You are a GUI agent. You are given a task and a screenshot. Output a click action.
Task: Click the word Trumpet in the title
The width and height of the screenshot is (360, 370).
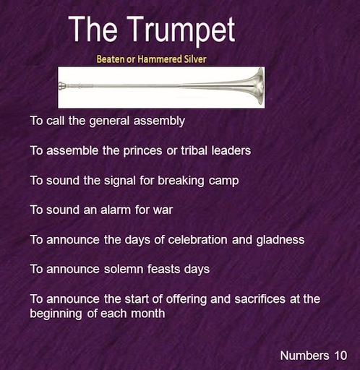click(x=181, y=30)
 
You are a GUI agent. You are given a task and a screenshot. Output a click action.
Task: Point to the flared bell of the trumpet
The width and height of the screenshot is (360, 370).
click(x=257, y=86)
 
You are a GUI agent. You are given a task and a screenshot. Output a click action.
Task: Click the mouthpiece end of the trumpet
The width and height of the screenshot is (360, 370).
click(x=62, y=86)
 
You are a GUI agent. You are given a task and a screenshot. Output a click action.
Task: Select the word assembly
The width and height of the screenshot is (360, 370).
click(x=159, y=121)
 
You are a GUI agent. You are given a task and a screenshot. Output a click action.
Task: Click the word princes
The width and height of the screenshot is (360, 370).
click(x=142, y=151)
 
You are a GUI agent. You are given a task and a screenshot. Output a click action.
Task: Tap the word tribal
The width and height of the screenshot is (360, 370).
click(x=194, y=150)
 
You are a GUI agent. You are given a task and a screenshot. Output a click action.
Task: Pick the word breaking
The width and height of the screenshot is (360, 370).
click(x=181, y=181)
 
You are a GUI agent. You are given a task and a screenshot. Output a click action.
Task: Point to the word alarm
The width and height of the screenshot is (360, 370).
click(x=116, y=210)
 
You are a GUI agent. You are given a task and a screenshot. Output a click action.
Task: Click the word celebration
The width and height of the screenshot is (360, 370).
click(x=197, y=240)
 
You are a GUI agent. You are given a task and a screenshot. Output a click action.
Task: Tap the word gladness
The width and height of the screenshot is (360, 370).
click(x=280, y=241)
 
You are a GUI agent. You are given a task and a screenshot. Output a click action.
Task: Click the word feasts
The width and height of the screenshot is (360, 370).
click(x=163, y=270)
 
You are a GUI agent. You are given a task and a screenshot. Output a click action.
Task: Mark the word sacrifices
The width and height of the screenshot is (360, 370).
click(x=260, y=299)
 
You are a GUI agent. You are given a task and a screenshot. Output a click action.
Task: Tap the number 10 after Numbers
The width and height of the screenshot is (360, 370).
click(x=340, y=356)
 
